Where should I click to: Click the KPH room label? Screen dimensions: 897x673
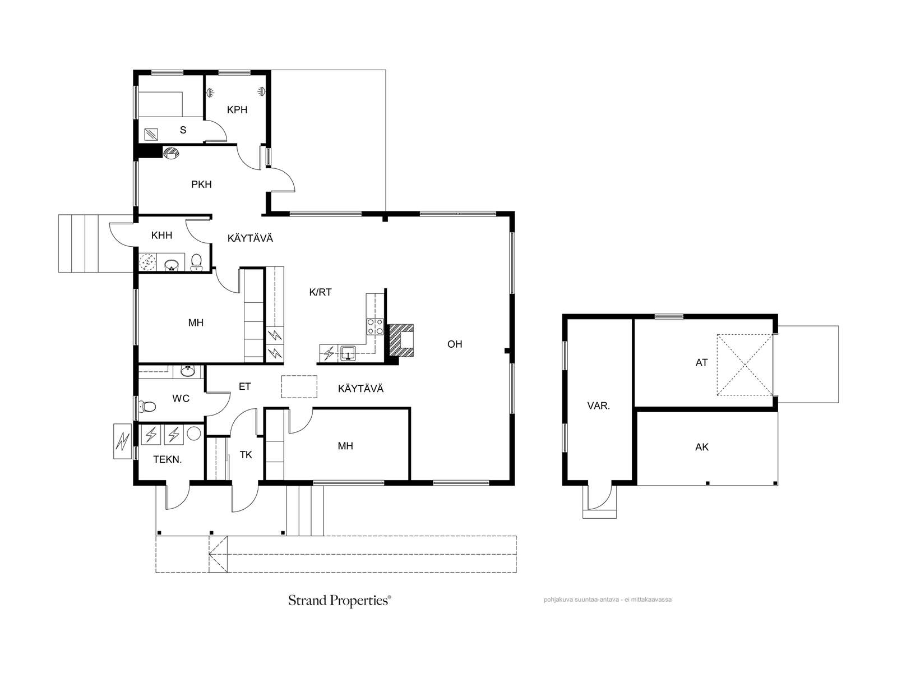tap(237, 110)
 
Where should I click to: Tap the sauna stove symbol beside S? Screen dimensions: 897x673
tap(151, 134)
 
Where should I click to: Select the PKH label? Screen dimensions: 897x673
tap(201, 185)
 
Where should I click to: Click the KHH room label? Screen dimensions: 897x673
tap(161, 236)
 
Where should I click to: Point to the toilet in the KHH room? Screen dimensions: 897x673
tap(197, 262)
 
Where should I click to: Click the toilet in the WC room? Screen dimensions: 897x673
tap(147, 407)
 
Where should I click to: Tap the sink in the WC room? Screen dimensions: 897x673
tap(188, 371)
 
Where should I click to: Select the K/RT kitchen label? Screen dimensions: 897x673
tap(320, 292)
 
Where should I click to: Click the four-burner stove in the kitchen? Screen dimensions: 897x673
tap(375, 326)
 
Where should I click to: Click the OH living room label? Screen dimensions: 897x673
tap(455, 344)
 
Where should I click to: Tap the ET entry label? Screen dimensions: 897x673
tap(245, 386)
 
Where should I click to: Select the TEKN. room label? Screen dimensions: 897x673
tap(168, 460)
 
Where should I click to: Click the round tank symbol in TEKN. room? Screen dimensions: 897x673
tap(194, 434)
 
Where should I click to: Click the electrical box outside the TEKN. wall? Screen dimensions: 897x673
tap(123, 441)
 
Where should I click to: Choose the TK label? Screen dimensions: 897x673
tap(246, 455)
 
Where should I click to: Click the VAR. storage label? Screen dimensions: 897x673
tap(598, 405)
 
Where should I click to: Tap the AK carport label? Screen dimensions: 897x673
tap(702, 447)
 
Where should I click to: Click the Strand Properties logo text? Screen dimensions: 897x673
tap(340, 600)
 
